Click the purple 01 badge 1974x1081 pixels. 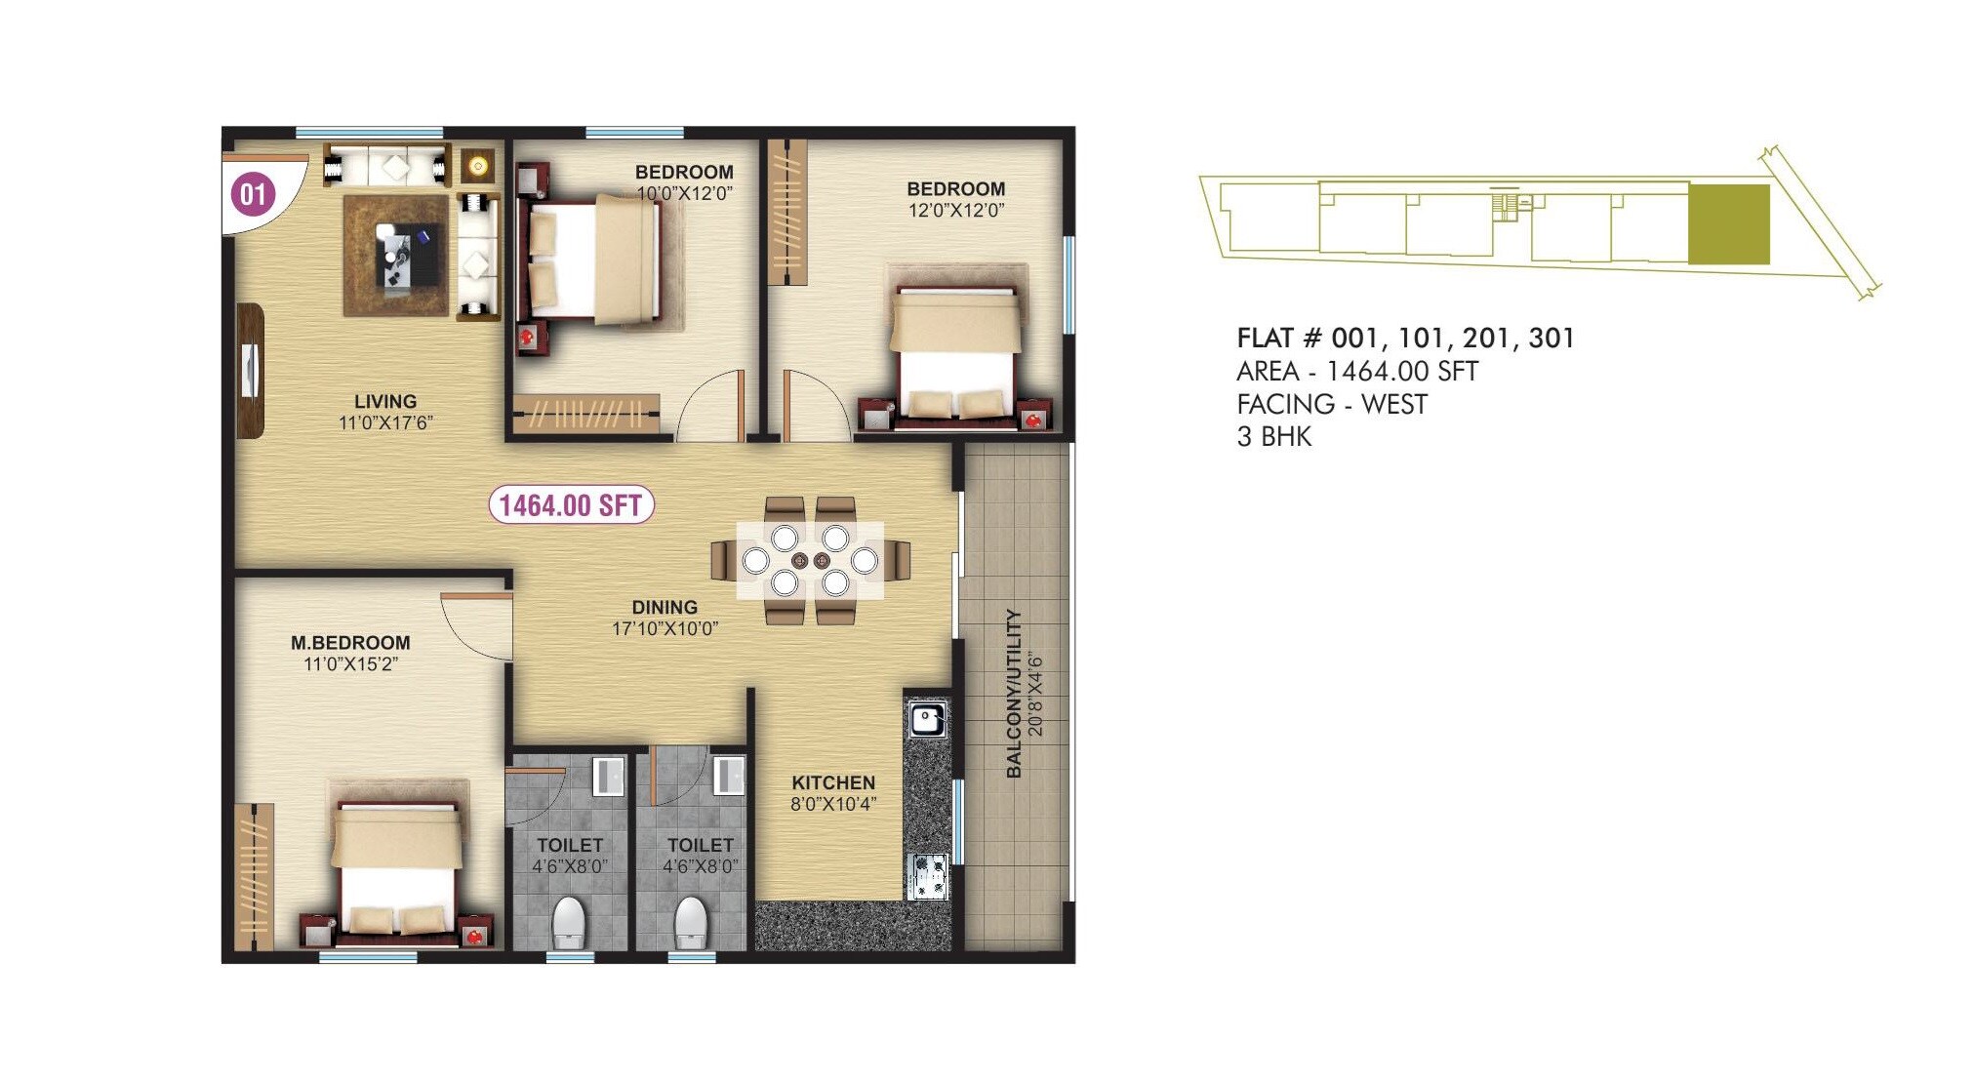tap(253, 194)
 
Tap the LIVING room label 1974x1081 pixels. tap(384, 401)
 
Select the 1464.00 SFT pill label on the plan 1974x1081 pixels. tap(571, 505)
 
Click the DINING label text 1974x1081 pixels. tap(665, 607)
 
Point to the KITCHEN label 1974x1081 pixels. tap(833, 782)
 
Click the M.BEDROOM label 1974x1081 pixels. tap(350, 642)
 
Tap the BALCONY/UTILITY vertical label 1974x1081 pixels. tap(1015, 694)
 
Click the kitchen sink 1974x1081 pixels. tap(927, 720)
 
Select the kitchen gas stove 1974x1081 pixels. tap(928, 875)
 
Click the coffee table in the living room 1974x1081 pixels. tap(408, 257)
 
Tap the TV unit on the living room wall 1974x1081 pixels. tap(251, 370)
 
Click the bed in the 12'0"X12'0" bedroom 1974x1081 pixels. tap(956, 356)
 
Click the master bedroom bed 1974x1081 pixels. tap(396, 870)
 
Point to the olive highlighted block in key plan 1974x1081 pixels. tap(1729, 224)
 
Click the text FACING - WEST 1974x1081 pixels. tap(1332, 404)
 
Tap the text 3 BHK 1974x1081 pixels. tap(1274, 436)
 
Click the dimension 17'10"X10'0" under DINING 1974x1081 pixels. tap(665, 629)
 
